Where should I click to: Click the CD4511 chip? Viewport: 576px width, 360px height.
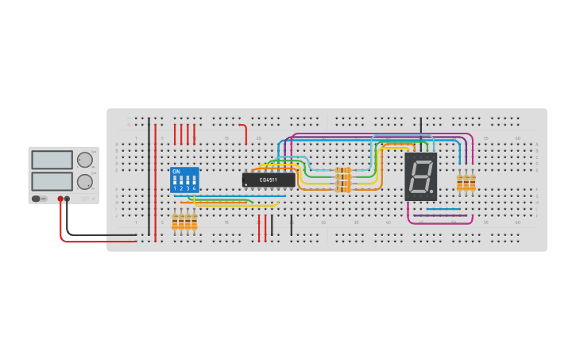tap(269, 180)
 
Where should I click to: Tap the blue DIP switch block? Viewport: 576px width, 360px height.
tap(184, 180)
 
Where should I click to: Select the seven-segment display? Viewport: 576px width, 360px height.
tap(420, 176)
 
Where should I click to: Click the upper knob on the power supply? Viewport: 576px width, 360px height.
tap(84, 160)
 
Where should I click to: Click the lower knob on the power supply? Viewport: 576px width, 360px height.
tap(84, 181)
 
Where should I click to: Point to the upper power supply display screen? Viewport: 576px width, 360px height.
tap(52, 160)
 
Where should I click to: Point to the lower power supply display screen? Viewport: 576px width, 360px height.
tap(52, 181)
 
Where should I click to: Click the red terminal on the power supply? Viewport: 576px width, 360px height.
tap(60, 199)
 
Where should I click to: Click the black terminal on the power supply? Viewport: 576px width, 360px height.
tap(68, 199)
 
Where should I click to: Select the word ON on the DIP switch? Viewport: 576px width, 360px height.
tap(176, 172)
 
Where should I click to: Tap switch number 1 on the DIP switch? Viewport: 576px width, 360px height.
tap(176, 181)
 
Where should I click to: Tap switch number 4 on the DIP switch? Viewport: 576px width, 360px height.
tap(194, 181)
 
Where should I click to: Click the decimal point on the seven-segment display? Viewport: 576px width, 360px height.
tap(432, 192)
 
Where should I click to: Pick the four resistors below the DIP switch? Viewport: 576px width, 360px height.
tap(184, 221)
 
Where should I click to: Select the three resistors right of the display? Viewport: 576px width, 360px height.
tap(466, 183)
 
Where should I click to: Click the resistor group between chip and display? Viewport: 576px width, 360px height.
tap(343, 180)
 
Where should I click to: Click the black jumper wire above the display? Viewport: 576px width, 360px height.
tap(421, 127)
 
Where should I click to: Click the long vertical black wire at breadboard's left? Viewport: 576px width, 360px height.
tap(149, 175)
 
